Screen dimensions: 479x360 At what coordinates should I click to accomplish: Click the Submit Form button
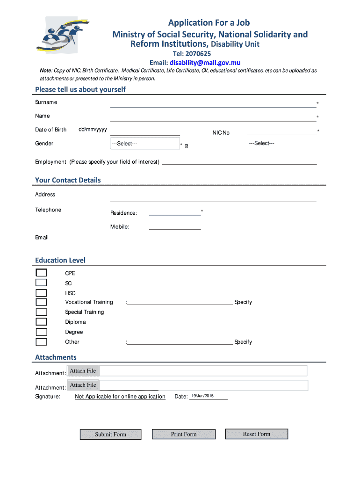[110, 435]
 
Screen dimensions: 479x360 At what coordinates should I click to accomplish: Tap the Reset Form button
[256, 434]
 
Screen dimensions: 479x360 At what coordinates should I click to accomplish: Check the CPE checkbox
[42, 273]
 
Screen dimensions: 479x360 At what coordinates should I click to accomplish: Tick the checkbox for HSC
[42, 293]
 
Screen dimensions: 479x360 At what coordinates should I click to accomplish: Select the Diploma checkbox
[42, 322]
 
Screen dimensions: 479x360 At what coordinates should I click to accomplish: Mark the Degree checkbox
[42, 332]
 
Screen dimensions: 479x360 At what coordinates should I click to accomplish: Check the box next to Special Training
[42, 312]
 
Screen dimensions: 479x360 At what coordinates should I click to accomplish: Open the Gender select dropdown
[144, 144]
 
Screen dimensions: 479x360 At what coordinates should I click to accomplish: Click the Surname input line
[213, 104]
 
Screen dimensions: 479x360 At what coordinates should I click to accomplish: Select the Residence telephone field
[175, 212]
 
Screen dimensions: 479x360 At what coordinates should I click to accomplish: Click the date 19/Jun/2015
[202, 396]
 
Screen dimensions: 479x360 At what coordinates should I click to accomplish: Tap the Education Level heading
[60, 260]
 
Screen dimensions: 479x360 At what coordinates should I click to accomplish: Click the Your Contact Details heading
[68, 180]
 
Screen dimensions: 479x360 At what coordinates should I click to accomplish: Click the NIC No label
[221, 133]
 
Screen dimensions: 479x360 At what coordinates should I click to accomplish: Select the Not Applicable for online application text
[120, 397]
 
